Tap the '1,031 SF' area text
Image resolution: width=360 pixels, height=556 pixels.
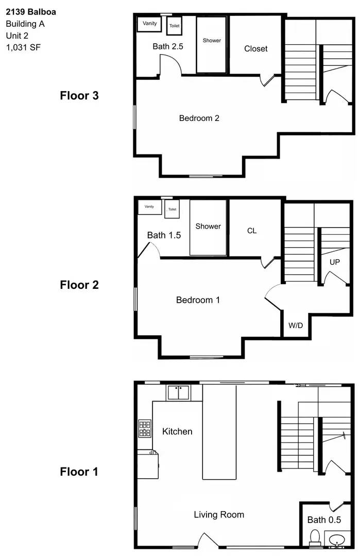[x=23, y=47]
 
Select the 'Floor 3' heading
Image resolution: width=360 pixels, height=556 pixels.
[x=79, y=95]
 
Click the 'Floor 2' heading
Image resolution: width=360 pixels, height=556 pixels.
[x=79, y=284]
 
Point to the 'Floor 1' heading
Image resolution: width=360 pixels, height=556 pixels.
[x=79, y=472]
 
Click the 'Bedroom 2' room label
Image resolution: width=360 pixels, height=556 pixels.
[x=199, y=118]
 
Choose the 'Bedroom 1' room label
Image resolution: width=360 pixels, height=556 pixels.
[x=198, y=300]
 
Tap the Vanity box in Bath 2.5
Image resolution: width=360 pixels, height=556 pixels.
[x=149, y=24]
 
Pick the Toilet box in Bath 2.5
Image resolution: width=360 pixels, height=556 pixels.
[x=174, y=25]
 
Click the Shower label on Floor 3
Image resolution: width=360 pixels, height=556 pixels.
[x=212, y=41]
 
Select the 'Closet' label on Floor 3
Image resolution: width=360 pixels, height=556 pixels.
[x=256, y=49]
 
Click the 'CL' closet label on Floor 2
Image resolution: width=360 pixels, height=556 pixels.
[x=252, y=231]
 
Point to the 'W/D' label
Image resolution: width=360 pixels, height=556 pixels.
[x=296, y=325]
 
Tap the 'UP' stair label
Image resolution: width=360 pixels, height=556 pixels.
[x=335, y=262]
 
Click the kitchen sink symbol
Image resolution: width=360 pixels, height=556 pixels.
[x=178, y=393]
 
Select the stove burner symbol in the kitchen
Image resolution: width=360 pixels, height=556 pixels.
[x=145, y=428]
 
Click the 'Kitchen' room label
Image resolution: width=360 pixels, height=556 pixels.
[x=177, y=431]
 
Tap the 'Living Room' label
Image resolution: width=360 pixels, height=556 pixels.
[x=219, y=514]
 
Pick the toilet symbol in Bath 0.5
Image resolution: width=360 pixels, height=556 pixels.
[x=314, y=537]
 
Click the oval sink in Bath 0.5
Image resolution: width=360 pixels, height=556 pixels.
[x=337, y=540]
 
